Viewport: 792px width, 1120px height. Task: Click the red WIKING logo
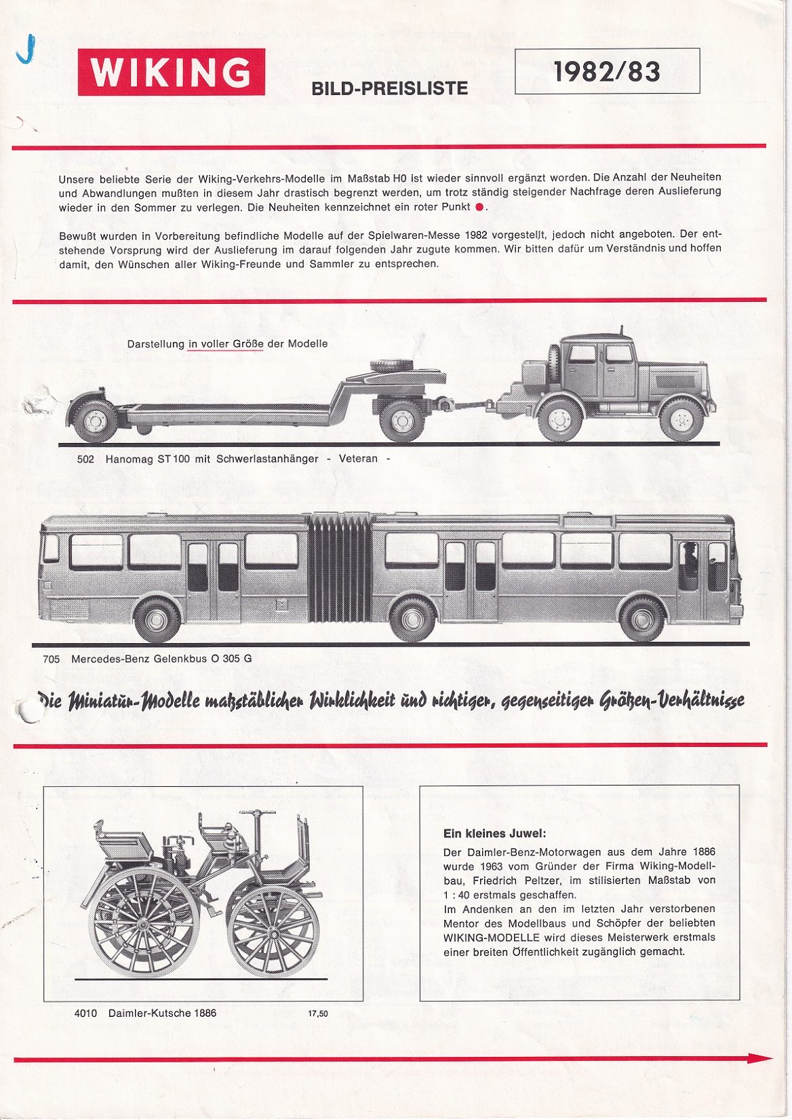pos(171,72)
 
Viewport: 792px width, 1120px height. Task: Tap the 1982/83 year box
pos(607,71)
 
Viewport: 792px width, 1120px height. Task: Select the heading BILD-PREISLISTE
pos(389,88)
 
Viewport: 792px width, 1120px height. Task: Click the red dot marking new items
pos(479,208)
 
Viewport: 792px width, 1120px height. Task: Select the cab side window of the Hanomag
pos(581,353)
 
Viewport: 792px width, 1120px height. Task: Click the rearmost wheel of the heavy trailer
pos(93,420)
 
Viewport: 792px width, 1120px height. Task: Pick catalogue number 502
pos(85,459)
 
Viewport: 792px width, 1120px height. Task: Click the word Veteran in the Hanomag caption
pos(358,459)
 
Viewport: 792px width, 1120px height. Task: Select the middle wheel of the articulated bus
pos(412,618)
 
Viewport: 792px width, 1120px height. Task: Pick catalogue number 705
pos(51,659)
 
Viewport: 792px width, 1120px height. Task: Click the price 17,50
pos(317,1013)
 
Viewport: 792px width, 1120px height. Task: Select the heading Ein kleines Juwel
pos(494,834)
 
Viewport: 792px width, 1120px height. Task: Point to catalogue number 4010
pos(85,1013)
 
